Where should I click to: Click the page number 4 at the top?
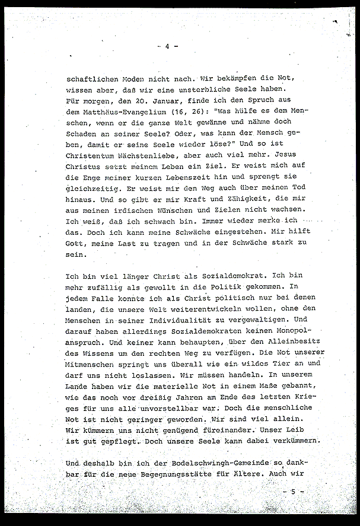(168, 46)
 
